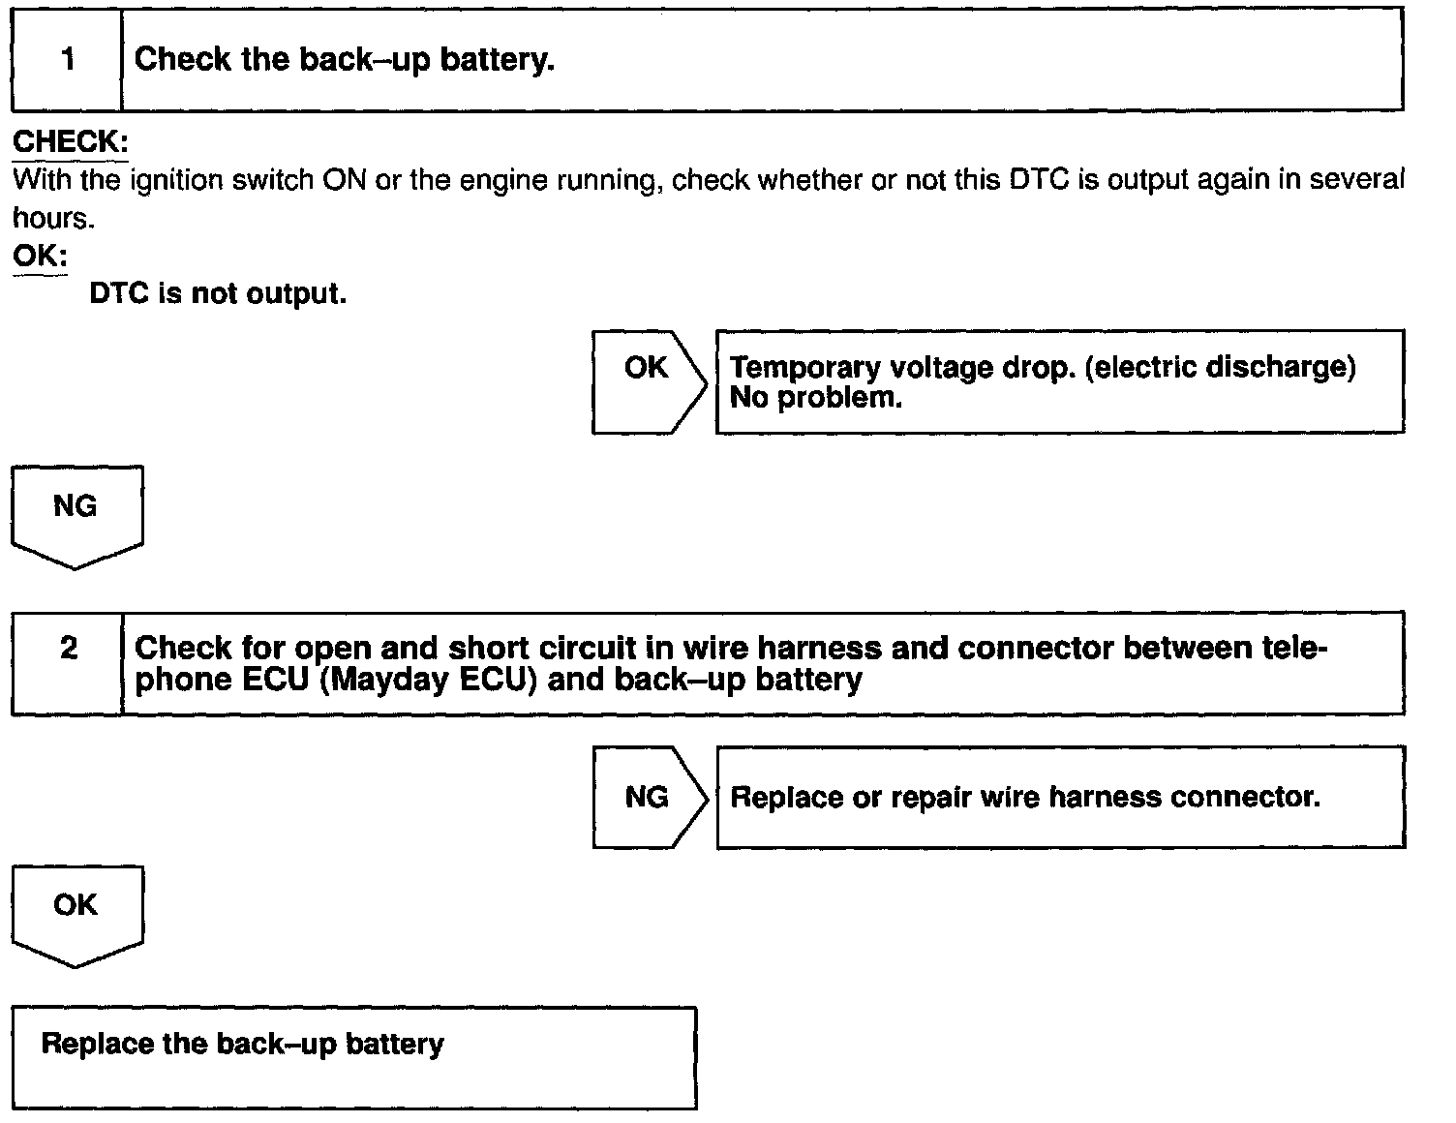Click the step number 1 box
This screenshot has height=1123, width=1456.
(67, 60)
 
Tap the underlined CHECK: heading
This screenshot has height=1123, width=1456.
(70, 142)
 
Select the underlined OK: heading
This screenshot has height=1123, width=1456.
(40, 257)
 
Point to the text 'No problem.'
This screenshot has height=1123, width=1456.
(816, 398)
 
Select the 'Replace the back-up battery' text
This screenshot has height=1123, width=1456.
(243, 1045)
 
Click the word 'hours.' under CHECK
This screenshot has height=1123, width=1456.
(54, 219)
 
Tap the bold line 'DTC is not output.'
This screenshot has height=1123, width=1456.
(218, 293)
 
